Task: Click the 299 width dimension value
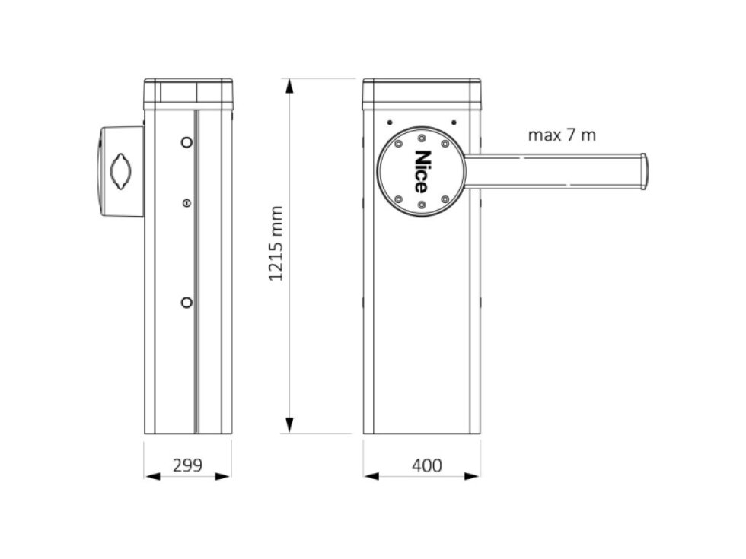pos(187,465)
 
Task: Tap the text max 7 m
pos(562,136)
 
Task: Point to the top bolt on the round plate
pos(421,138)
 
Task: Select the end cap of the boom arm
pos(643,171)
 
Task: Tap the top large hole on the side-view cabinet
pos(186,142)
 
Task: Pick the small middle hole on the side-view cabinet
pos(186,202)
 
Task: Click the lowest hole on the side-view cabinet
pos(186,303)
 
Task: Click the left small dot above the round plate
pos(389,122)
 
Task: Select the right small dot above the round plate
pos(453,122)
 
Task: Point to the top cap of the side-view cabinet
pos(187,92)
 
